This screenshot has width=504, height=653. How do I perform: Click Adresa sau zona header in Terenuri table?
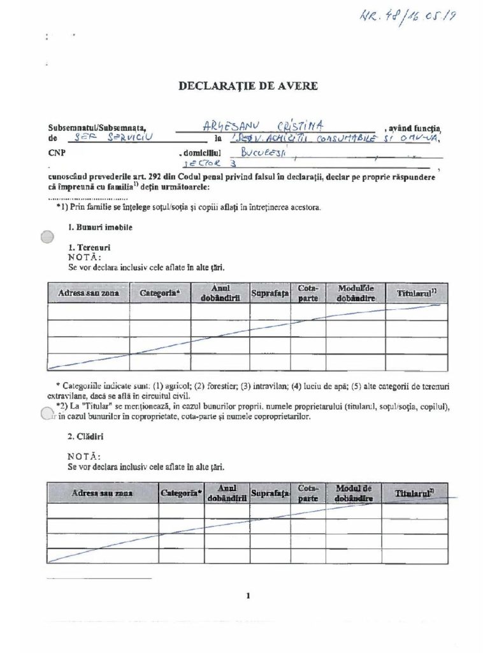[x=88, y=293]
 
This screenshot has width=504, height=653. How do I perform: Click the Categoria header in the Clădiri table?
[x=181, y=494]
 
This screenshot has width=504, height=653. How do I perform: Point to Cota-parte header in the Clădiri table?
[x=308, y=493]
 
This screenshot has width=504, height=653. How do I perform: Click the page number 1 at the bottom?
[x=247, y=596]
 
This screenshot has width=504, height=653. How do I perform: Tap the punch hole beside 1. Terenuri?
[x=47, y=238]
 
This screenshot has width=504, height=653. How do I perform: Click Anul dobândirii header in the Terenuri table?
[x=219, y=293]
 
